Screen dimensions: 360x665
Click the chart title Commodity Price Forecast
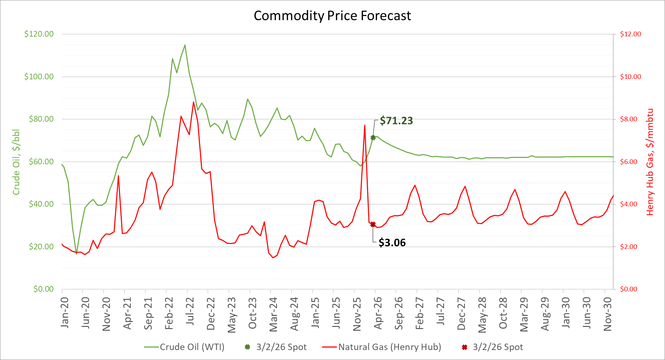point(332,16)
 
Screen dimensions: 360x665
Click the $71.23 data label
point(396,121)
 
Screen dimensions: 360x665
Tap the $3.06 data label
point(392,243)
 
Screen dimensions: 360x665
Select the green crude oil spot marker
point(373,138)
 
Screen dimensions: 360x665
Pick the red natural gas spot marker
point(373,224)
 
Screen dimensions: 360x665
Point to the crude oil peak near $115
point(185,45)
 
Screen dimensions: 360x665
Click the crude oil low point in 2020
point(76,254)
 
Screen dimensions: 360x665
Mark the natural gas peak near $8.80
point(193,102)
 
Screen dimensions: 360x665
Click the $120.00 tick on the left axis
point(39,34)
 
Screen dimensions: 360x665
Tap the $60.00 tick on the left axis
point(41,162)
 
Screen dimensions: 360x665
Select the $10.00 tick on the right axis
point(630,77)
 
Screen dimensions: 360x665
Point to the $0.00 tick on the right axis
point(628,289)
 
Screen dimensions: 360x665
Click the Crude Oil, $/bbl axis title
point(16,162)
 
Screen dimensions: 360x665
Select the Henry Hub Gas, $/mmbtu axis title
point(650,162)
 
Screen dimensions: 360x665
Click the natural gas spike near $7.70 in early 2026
point(365,125)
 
